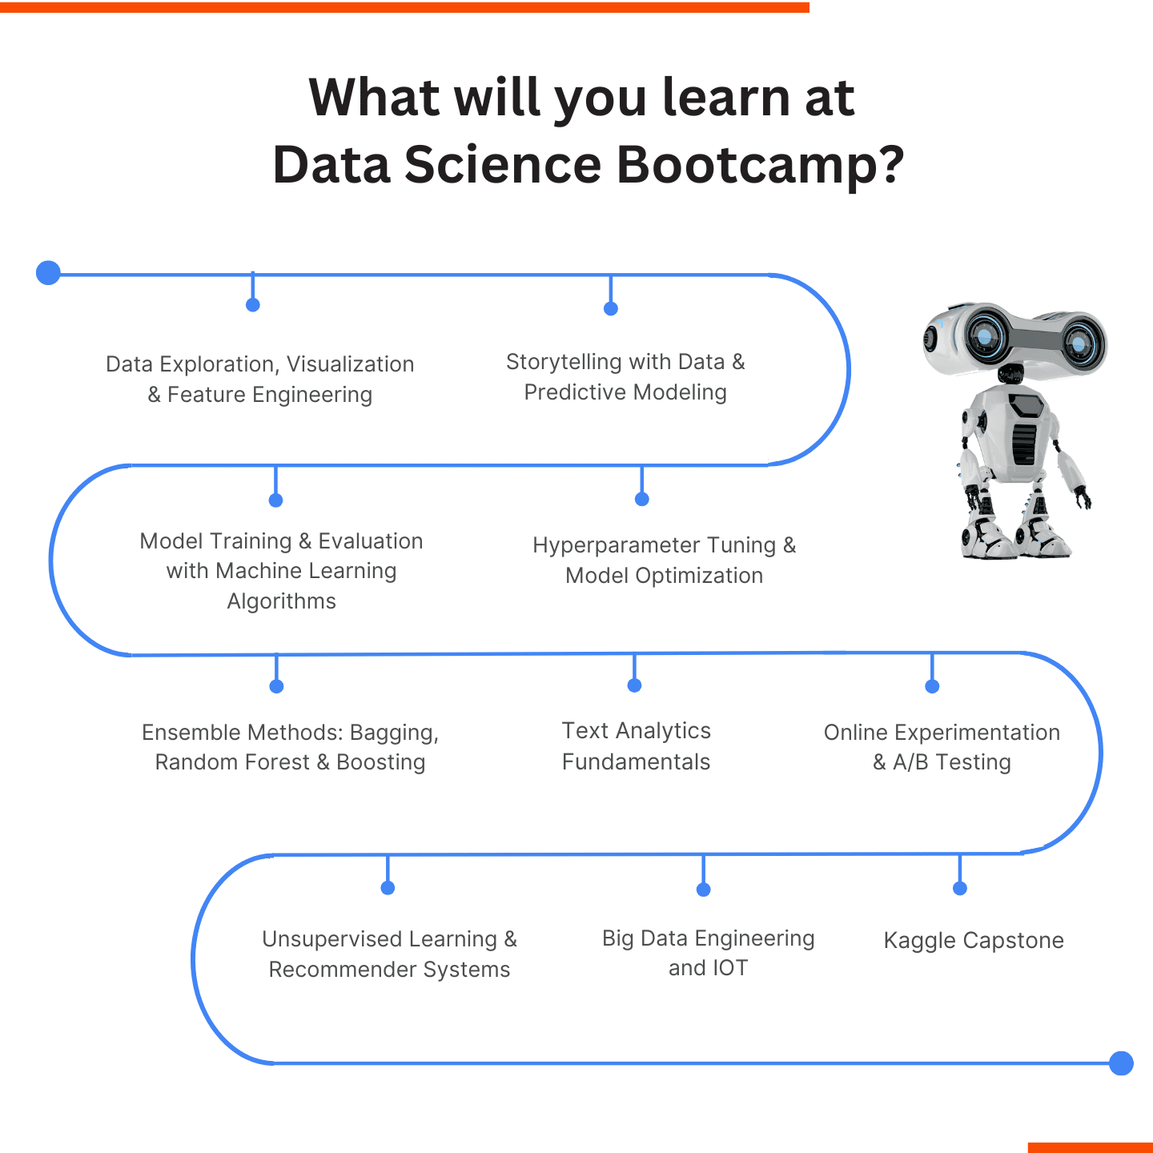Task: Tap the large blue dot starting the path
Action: (49, 273)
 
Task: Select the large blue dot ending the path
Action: (1121, 1063)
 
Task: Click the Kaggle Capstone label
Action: (973, 940)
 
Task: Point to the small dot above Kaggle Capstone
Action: (960, 888)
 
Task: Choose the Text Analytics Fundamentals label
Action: (636, 746)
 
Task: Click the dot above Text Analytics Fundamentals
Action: (634, 685)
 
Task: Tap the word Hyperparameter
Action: (614, 545)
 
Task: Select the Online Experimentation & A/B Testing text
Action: (942, 747)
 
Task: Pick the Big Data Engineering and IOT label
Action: (708, 953)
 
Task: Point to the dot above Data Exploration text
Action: (253, 305)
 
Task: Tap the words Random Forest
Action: (231, 762)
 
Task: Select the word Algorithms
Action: (281, 601)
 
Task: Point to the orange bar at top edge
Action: (404, 7)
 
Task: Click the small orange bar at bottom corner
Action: (1090, 1147)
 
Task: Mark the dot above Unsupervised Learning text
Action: (388, 888)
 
